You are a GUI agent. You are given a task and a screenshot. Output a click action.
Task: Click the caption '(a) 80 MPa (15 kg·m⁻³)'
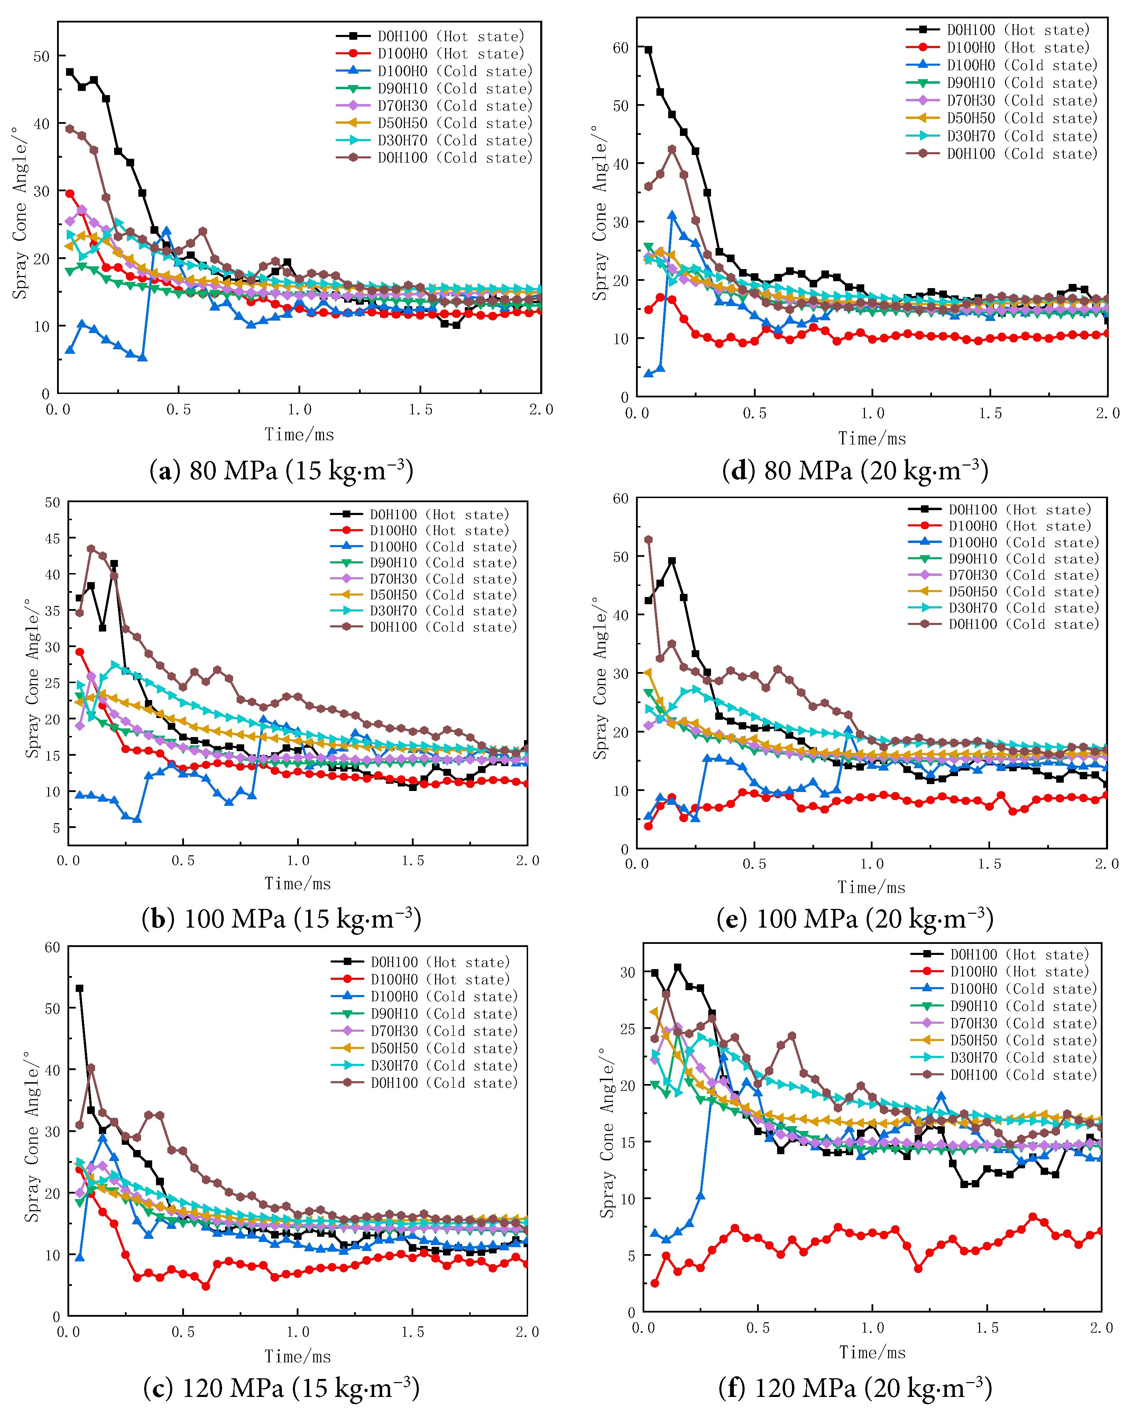281,471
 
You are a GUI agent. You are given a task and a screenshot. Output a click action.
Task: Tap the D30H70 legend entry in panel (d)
1022,136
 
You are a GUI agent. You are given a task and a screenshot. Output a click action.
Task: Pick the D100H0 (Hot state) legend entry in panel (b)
439,531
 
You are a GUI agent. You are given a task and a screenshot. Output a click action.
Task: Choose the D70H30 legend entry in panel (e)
1023,575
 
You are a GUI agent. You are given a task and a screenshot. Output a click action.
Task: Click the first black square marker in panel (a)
70,72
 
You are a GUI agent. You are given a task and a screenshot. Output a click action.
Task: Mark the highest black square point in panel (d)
648,50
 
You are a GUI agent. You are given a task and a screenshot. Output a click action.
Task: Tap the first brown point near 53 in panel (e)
648,540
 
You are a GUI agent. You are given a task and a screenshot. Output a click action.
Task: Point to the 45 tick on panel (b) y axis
53,538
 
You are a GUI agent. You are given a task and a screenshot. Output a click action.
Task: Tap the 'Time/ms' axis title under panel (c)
298,1356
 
